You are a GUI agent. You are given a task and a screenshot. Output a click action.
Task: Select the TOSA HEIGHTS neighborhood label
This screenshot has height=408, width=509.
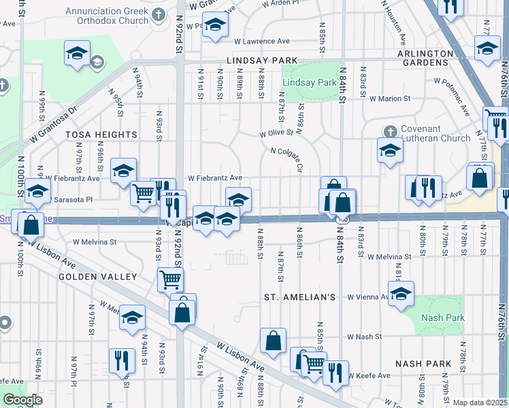click(x=101, y=135)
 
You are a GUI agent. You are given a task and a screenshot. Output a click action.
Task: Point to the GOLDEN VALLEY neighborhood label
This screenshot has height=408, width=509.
click(x=97, y=277)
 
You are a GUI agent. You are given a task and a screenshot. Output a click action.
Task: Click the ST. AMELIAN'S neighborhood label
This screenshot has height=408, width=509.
click(x=300, y=298)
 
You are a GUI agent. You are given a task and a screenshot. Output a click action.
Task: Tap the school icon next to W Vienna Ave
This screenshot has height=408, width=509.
click(x=401, y=294)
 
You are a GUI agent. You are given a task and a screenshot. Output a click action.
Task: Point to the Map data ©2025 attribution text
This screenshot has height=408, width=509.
click(x=480, y=403)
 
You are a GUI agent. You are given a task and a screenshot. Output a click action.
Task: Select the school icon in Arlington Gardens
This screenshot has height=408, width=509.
click(x=487, y=48)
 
